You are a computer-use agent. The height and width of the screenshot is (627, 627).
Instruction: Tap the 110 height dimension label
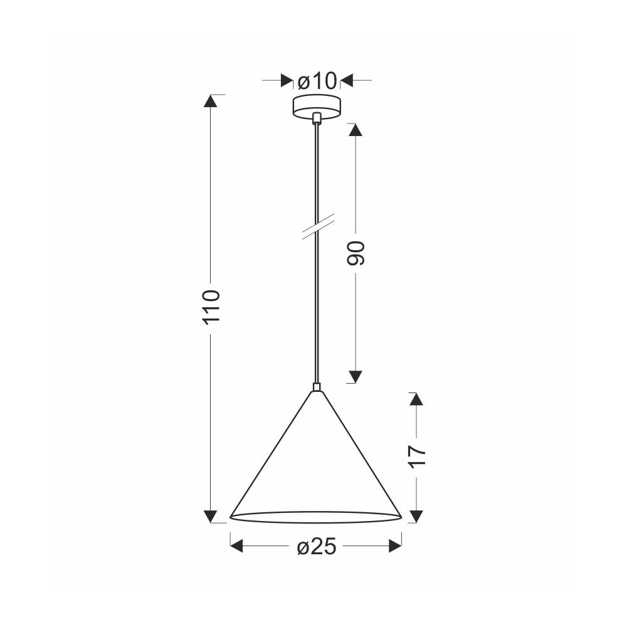click(x=211, y=307)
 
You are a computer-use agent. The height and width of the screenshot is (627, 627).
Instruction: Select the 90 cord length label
click(x=356, y=253)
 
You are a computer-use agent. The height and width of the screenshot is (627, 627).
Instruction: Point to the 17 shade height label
click(x=417, y=456)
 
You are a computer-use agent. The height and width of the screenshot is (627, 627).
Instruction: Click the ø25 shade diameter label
click(x=317, y=546)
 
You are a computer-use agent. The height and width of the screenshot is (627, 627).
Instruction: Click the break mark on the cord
click(x=317, y=227)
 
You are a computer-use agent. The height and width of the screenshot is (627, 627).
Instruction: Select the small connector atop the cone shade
click(x=317, y=387)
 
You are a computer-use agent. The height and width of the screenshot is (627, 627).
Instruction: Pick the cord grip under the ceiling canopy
click(x=317, y=118)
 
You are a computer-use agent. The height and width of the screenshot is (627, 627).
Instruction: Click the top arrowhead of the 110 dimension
click(x=210, y=101)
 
